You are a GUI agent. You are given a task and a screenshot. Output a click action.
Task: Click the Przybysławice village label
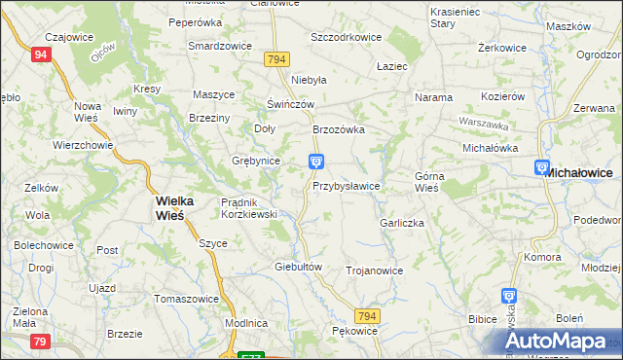347,185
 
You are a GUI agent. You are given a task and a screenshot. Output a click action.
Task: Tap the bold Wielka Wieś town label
175,207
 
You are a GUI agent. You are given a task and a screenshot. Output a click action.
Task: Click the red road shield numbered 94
39,55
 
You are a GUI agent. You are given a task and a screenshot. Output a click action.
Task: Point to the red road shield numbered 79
40,341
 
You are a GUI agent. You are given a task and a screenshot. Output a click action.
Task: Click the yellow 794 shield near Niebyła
275,60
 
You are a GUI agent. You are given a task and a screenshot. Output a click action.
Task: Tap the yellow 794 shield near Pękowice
366,317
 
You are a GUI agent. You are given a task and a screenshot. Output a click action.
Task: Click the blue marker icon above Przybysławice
316,162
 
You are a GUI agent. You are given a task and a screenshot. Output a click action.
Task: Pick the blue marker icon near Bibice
508,296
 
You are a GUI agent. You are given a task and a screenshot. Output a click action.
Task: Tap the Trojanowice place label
374,270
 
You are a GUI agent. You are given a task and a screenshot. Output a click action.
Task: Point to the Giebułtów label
298,266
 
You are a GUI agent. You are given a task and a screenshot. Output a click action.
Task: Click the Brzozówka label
338,128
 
